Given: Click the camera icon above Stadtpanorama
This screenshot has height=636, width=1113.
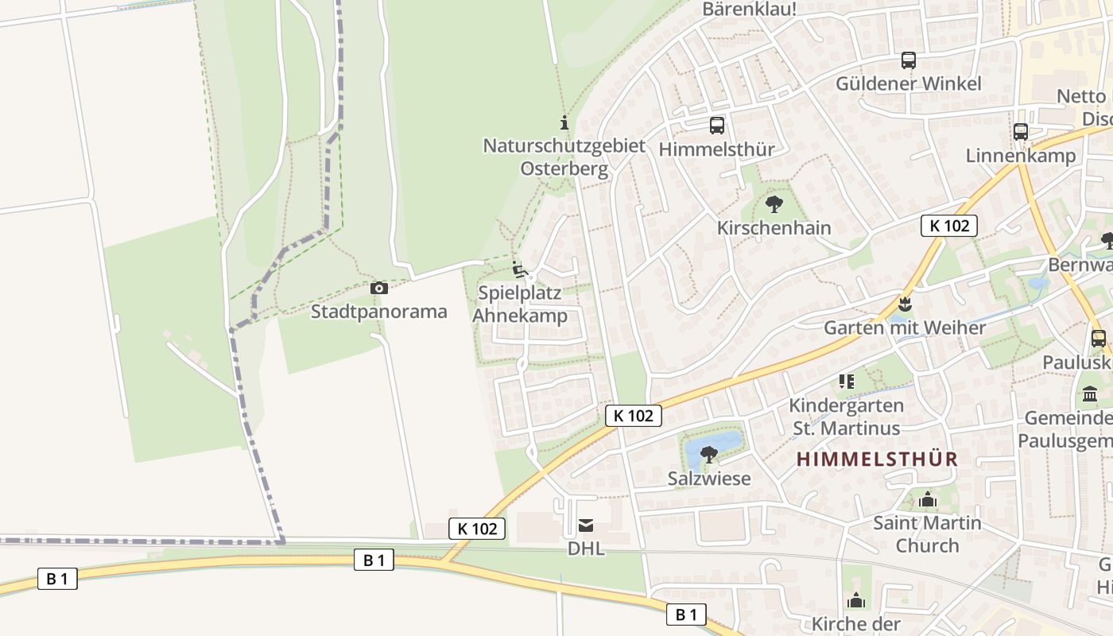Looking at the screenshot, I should pos(379,288).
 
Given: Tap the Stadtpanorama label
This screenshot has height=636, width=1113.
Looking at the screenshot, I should pos(379,311).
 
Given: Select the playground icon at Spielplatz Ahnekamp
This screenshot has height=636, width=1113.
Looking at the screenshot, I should pos(520,270).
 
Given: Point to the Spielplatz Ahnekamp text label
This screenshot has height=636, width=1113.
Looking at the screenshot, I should pos(520,304).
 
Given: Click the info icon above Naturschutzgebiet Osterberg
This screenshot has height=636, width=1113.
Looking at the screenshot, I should pos(564,122).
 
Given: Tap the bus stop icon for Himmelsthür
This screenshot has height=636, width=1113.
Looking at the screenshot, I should pos(717,125).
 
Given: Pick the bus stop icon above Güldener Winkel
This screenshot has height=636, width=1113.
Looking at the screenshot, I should pos(908,60).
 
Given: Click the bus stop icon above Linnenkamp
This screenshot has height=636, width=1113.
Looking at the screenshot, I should pos(1021,132).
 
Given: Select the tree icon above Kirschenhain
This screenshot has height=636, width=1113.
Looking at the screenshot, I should pos(774,204).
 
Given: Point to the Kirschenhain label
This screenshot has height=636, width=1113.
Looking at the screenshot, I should pos(774,228).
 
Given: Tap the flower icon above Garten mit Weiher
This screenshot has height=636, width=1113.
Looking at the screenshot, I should pos(904,304).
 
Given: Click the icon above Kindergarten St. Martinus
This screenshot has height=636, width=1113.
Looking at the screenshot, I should pos(846,382).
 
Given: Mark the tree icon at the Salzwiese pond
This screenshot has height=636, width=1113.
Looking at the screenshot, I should pos(709,455).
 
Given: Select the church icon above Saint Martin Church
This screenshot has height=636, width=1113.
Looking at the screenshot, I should pos(927,500).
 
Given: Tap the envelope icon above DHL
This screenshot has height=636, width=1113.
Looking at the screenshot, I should pos(586,525).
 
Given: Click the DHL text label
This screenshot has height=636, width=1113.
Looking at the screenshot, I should pos(586,549).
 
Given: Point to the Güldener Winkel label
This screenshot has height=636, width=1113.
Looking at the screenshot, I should pos(908,83).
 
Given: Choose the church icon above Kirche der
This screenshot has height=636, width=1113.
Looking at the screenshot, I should pos(855,600).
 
